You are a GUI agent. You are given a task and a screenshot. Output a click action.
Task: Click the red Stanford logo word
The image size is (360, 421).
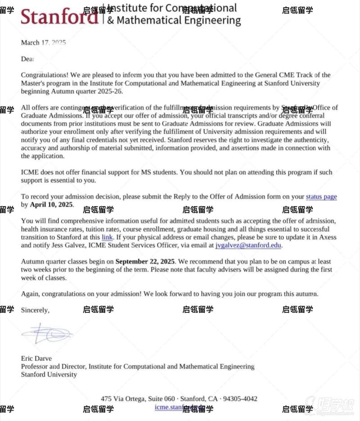pyautogui.click(x=58, y=17)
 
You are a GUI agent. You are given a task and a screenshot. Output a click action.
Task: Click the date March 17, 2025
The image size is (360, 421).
pyautogui.click(x=43, y=43)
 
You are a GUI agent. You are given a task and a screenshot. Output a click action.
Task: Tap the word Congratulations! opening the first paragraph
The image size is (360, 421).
pyautogui.click(x=43, y=75)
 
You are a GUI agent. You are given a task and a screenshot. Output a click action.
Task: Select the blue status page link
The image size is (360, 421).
pyautogui.click(x=321, y=197)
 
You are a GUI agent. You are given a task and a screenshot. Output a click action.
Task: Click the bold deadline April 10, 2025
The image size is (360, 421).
pyautogui.click(x=51, y=204)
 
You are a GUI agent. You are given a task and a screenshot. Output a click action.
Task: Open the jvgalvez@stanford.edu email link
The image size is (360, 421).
pyautogui.click(x=248, y=245)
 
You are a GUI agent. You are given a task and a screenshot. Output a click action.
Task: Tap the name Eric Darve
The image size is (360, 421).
pyautogui.click(x=36, y=358)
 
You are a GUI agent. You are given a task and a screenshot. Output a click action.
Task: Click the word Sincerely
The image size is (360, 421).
pyautogui.click(x=35, y=310)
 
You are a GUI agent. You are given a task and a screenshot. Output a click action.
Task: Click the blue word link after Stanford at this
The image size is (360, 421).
pyautogui.click(x=107, y=237)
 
